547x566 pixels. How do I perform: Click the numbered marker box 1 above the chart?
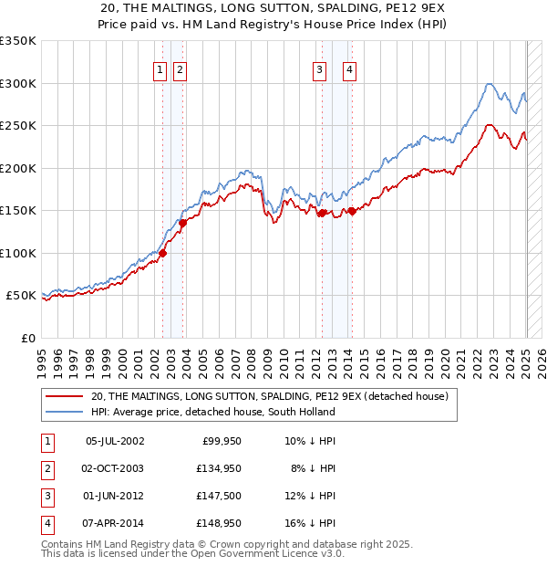coord(160,69)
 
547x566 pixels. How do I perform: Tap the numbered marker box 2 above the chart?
coord(180,69)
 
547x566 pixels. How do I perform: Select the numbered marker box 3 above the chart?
coord(320,69)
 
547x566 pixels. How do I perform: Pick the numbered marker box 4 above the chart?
coord(350,69)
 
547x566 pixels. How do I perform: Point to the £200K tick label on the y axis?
coord(18,168)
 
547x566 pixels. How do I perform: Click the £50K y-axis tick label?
coord(22,296)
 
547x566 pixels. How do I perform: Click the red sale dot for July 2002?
coord(162,254)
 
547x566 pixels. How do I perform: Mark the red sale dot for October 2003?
coord(182,223)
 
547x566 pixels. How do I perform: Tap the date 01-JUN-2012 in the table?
coord(114,496)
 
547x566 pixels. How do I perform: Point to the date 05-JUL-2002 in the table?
coord(114,441)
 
